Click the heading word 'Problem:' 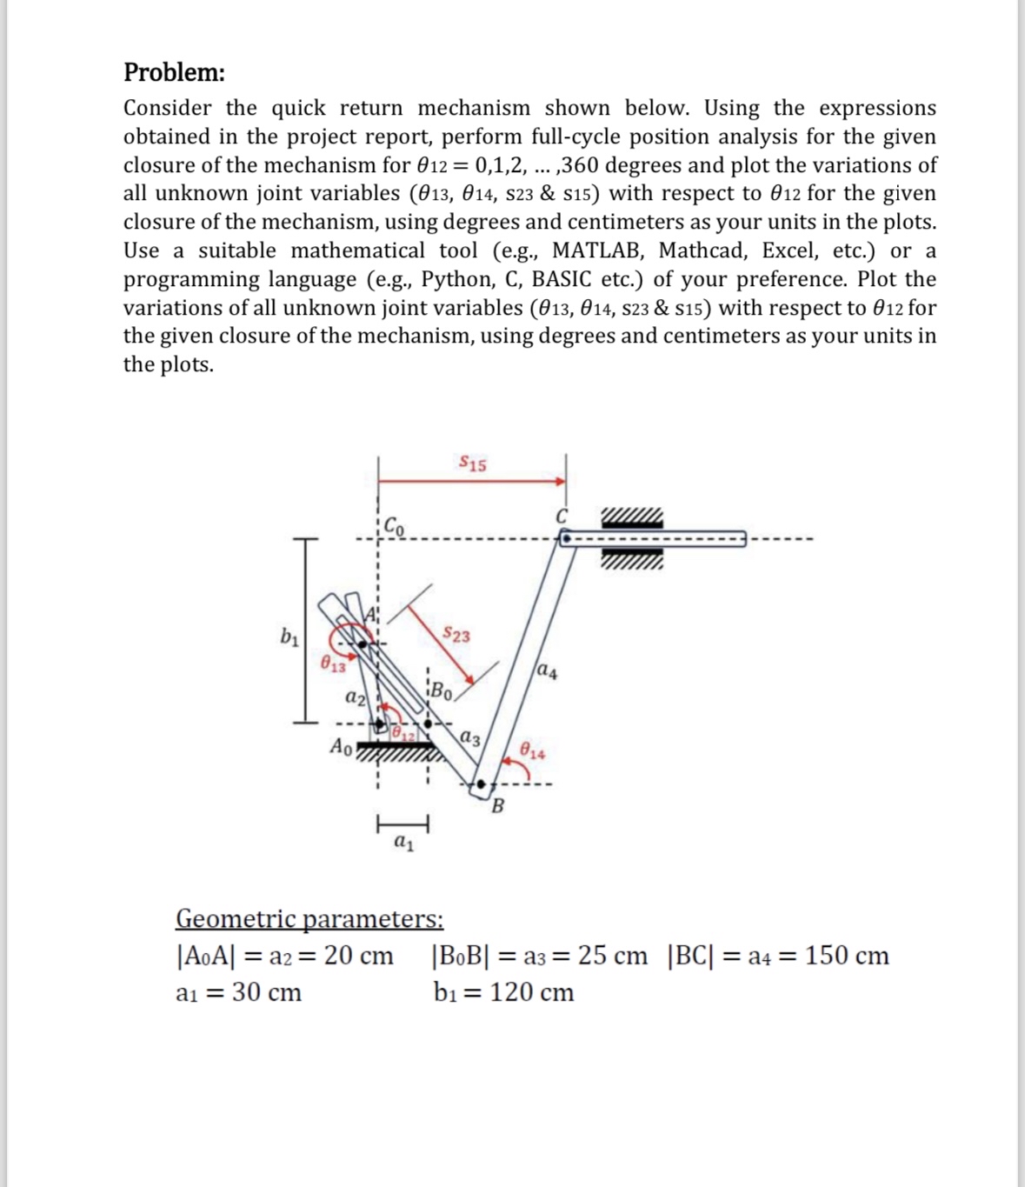[x=174, y=72]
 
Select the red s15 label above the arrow [x=473, y=463]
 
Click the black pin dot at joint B [x=481, y=786]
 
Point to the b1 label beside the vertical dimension [x=287, y=637]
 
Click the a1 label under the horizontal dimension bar [x=403, y=842]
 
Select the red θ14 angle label [x=533, y=751]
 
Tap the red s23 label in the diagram [x=456, y=635]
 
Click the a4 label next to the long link [x=549, y=670]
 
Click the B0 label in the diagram [x=442, y=693]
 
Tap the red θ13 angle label [x=331, y=666]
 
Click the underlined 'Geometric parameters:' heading [x=309, y=918]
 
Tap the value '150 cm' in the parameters [x=847, y=956]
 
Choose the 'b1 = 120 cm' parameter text [x=503, y=992]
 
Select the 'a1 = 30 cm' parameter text [x=238, y=992]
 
